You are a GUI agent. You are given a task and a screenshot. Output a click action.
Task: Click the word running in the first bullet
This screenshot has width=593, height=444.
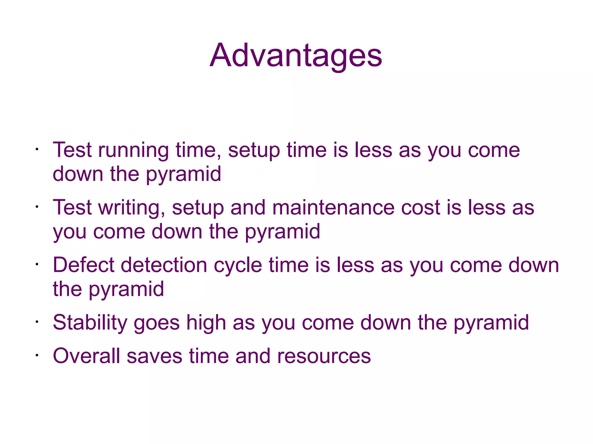click(133, 151)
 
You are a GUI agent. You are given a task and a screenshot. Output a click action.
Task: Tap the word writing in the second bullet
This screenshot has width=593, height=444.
click(132, 208)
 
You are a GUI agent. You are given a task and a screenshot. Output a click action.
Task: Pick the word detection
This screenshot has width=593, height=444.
click(164, 265)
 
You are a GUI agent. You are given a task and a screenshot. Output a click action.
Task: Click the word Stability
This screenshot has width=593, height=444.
click(90, 323)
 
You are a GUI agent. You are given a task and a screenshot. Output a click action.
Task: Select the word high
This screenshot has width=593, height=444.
click(206, 323)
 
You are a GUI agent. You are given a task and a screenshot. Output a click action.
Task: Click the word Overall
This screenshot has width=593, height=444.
click(86, 356)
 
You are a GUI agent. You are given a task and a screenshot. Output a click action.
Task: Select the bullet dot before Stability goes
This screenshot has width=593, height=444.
click(37, 322)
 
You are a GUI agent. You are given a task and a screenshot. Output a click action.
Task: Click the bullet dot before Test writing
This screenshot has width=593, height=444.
click(37, 207)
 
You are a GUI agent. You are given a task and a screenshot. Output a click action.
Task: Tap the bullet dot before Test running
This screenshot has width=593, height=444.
click(37, 150)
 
